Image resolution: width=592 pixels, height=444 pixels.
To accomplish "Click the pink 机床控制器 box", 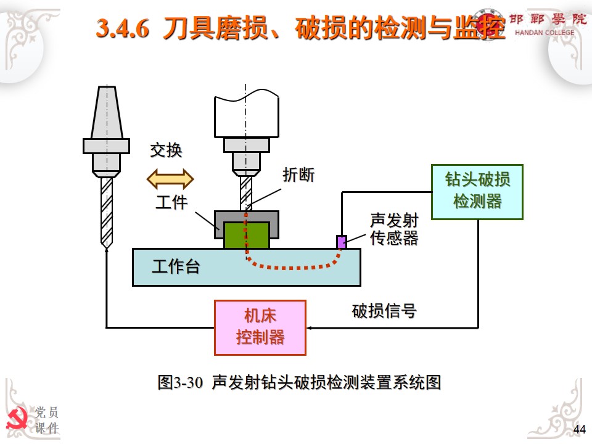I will pyautogui.click(x=260, y=327).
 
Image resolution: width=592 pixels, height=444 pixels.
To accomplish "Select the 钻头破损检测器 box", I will pyautogui.click(x=477, y=192).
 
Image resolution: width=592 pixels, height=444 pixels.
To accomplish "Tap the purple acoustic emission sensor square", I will pyautogui.click(x=341, y=242).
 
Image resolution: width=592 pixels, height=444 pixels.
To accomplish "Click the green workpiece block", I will pyautogui.click(x=246, y=236).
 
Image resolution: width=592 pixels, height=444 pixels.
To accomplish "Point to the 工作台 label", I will pyautogui.click(x=176, y=267).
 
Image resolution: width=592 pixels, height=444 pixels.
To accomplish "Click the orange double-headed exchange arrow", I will pyautogui.click(x=170, y=179).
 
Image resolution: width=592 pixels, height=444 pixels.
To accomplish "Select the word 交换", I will pyautogui.click(x=166, y=150).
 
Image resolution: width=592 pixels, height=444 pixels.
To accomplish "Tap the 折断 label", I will pyautogui.click(x=298, y=175).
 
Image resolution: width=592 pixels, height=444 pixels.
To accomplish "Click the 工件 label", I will pyautogui.click(x=171, y=202).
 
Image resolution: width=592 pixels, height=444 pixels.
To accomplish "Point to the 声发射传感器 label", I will pyautogui.click(x=394, y=229).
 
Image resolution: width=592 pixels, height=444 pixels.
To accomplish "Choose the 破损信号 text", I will pyautogui.click(x=384, y=311).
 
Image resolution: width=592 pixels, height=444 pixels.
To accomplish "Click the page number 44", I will pyautogui.click(x=579, y=429).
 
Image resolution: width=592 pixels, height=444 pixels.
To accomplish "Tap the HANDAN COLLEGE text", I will pyautogui.click(x=544, y=33).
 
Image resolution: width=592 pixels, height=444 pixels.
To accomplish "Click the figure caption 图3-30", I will pyautogui.click(x=180, y=382).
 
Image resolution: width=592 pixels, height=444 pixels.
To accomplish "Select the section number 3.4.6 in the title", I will pyautogui.click(x=123, y=30).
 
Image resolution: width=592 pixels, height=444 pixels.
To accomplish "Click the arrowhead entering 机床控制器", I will pyautogui.click(x=310, y=327).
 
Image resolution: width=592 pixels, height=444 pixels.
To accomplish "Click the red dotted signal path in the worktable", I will pyautogui.click(x=290, y=268).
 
